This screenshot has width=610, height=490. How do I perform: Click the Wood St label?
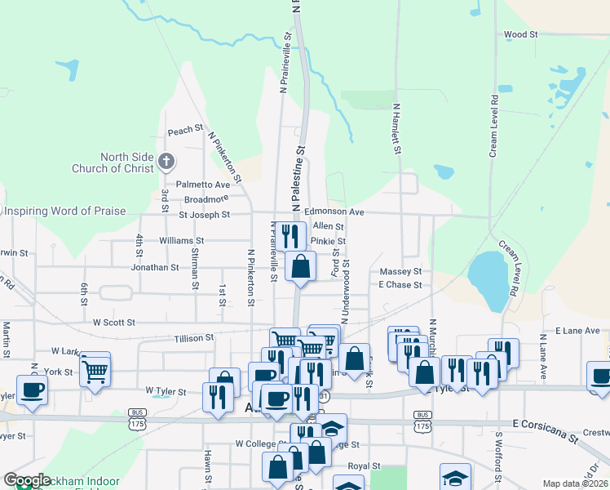(521, 35)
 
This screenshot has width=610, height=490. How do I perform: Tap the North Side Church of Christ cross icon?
(166, 161)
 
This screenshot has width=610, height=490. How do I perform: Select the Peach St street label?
(185, 131)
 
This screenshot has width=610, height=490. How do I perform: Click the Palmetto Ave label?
(205, 185)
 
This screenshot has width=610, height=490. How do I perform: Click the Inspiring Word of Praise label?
(65, 212)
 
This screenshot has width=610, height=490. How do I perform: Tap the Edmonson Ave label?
(334, 212)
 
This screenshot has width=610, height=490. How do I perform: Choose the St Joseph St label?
(204, 215)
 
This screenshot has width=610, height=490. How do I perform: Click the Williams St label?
(181, 241)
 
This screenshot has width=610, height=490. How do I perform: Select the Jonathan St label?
(154, 267)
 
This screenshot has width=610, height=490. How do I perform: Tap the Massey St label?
(400, 271)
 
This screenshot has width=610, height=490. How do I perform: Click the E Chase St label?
(400, 285)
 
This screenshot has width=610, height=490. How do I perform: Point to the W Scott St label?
(113, 323)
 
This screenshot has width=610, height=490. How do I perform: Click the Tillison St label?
(193, 336)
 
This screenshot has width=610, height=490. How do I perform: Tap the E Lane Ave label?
(577, 331)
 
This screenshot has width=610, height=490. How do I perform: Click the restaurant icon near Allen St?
(290, 236)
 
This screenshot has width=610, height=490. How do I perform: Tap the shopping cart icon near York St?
(95, 369)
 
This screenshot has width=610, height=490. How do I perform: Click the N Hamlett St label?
(397, 129)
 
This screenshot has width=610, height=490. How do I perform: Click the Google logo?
(27, 481)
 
